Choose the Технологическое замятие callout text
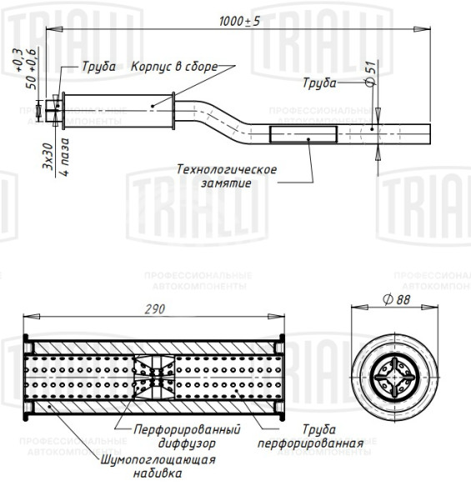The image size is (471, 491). click(226, 175)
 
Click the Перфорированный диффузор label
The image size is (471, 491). click(188, 437)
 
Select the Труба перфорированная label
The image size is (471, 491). click(309, 437)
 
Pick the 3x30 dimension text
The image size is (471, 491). click(48, 158)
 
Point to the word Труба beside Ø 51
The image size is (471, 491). click(319, 83)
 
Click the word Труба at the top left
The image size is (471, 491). click(98, 67)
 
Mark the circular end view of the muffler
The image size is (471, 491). click(389, 379)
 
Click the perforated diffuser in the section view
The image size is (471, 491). click(155, 380)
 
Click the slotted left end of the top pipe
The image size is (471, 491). click(55, 109)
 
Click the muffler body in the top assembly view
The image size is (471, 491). click(117, 109)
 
